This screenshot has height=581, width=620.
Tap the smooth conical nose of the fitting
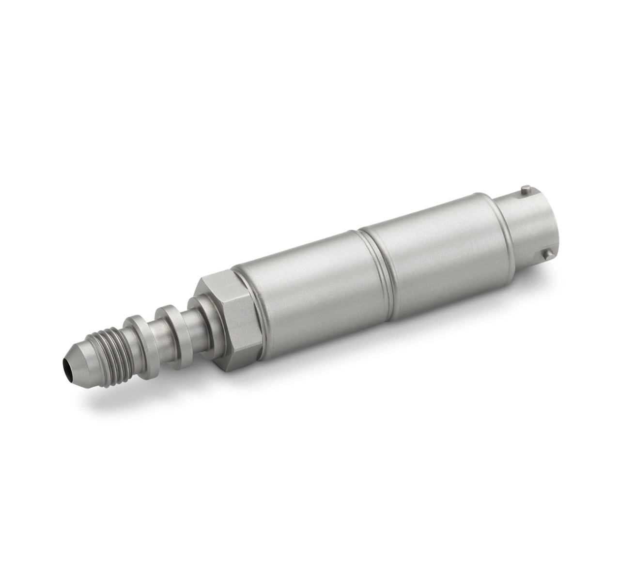coord(80,356)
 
